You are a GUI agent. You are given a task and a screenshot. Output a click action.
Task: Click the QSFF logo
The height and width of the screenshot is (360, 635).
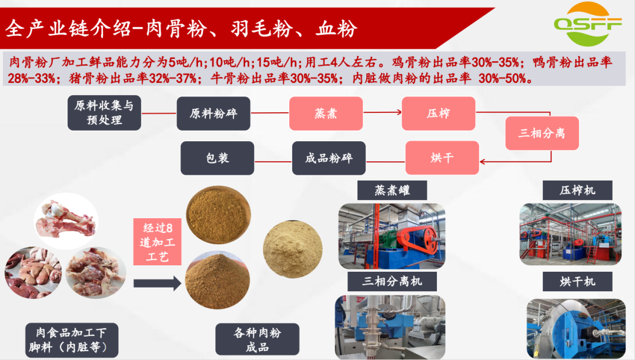point(587,24)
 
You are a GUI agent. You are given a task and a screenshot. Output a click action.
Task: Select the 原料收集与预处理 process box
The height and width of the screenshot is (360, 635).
point(104,113)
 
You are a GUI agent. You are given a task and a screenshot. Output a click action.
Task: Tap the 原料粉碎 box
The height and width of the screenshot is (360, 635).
point(213,114)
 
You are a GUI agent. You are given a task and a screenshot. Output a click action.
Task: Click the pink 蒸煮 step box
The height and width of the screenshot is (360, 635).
point(326,114)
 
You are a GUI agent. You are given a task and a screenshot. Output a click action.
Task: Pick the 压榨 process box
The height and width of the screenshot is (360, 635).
point(439,114)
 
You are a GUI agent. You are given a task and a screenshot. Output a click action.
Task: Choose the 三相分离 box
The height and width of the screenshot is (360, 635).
point(542,133)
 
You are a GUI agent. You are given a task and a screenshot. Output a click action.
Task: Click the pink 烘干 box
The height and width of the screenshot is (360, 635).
point(442,158)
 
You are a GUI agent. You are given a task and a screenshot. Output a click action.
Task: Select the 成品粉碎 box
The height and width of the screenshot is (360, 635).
point(329,158)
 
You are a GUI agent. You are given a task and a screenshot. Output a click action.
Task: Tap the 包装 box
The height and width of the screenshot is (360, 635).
point(218,158)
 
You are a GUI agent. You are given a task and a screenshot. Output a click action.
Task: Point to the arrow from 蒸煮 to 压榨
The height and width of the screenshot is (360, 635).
point(382,112)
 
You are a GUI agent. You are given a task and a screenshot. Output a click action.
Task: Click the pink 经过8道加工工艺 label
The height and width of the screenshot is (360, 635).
point(158,242)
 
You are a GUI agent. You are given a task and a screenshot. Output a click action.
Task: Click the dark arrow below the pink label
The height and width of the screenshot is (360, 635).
point(158,283)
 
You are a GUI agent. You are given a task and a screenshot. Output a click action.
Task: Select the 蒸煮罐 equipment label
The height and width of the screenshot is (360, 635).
point(392,191)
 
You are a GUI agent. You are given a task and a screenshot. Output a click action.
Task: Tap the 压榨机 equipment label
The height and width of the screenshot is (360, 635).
point(577,191)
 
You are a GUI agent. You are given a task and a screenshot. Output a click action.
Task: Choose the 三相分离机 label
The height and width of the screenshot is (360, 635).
point(392,281)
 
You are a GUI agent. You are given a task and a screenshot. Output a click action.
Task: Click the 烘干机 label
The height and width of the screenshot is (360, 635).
point(577,281)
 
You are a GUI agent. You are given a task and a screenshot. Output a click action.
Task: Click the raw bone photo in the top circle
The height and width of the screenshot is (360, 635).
point(66,221)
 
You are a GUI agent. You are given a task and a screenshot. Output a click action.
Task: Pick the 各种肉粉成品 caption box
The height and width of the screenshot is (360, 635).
point(257,339)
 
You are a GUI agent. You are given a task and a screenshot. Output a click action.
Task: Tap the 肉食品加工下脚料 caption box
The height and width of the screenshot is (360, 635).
point(72,340)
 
